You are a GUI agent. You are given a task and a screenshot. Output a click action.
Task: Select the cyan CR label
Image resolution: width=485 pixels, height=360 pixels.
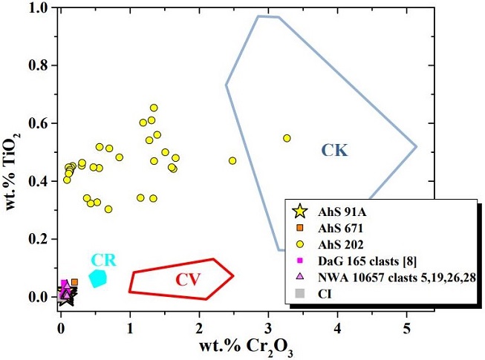103,260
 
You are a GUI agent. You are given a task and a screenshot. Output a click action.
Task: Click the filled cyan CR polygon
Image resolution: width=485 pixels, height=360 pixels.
98,278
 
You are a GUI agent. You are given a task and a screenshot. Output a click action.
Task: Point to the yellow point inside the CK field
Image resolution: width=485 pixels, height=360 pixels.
287,138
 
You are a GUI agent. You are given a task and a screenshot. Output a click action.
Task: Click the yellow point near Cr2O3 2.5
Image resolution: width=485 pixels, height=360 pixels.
232,160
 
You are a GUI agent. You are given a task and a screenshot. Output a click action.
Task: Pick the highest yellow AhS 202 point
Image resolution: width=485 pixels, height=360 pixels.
154,108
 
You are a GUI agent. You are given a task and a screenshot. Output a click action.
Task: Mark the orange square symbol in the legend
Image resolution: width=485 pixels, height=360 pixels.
301,228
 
